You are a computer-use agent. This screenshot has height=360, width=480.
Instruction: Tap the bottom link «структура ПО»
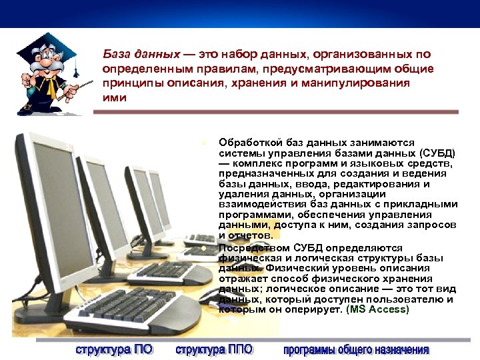[x=113, y=349]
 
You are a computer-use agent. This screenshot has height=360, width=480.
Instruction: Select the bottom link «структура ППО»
[x=215, y=349]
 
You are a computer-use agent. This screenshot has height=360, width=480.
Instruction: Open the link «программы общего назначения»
[x=356, y=349]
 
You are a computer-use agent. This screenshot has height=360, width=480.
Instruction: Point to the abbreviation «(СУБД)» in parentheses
[x=437, y=153]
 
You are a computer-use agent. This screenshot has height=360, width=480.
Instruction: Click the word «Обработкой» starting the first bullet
[x=246, y=142]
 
